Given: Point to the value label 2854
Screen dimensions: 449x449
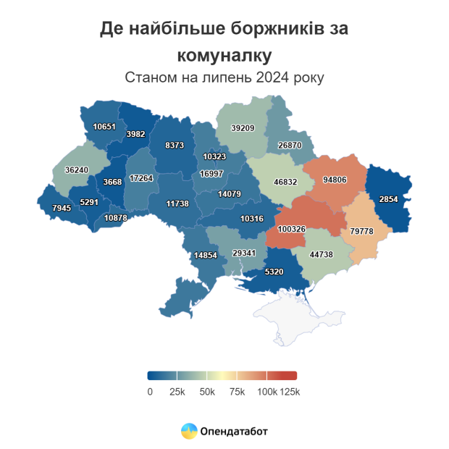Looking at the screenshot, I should pos(389,199).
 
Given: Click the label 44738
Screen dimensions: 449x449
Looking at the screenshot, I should pos(322,255).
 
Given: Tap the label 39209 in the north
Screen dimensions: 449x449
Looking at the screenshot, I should pos(243,128).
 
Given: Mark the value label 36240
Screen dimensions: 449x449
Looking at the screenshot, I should pos(77,169).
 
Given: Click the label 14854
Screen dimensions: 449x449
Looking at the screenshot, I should pos(206,256).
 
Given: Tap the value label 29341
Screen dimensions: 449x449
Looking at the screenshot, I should pos(244,253).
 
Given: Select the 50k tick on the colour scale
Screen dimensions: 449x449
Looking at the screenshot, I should pos(207,392).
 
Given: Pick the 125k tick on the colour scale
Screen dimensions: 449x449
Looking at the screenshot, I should pos(290,392).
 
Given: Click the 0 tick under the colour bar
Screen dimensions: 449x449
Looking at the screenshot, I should pos(149,392).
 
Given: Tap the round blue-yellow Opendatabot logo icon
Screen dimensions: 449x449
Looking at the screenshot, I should pos(188,432).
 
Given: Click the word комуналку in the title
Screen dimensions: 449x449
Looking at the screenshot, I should pos(224,55).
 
